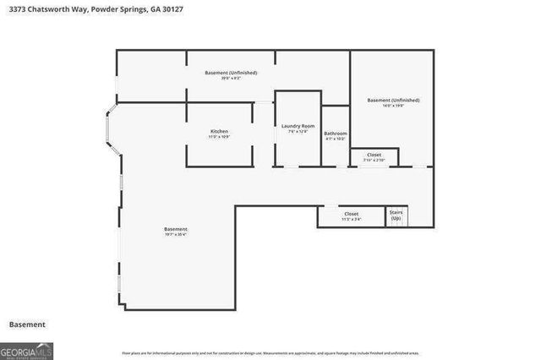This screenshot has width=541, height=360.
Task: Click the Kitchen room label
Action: (219, 131)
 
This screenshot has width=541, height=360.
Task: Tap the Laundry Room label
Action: (298, 126)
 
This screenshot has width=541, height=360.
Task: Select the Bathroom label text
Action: (336, 134)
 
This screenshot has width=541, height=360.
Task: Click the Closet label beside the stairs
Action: (352, 214)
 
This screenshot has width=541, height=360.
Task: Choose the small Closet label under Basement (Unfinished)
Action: (374, 155)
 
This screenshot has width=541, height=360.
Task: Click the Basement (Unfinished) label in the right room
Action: (393, 100)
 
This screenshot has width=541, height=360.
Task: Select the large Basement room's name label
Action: (176, 229)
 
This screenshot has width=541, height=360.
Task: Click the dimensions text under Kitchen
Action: (219, 137)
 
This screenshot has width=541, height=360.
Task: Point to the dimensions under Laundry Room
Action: (298, 132)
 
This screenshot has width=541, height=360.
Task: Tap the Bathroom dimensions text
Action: (336, 139)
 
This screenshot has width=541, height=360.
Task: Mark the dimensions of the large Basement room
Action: (176, 235)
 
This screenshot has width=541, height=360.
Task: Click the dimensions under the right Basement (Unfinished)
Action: (393, 106)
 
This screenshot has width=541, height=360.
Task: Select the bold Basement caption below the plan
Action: (27, 325)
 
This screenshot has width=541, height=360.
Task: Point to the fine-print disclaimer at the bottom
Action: (270, 352)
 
